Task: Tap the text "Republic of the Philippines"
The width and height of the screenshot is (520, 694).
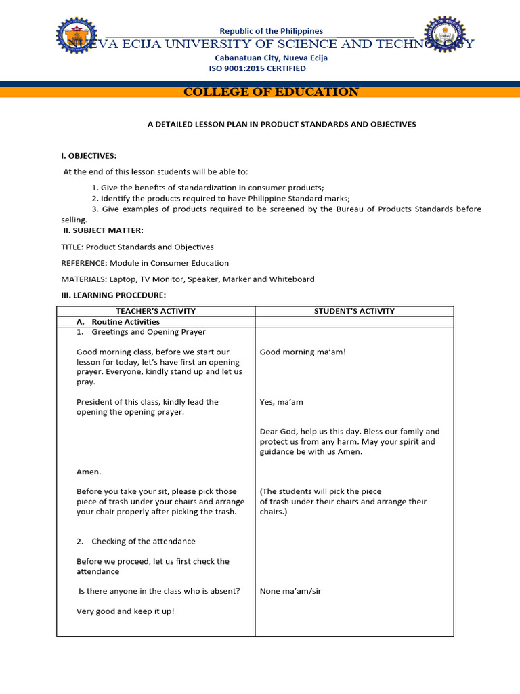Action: click(x=272, y=31)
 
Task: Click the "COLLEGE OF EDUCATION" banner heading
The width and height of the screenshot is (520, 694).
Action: click(x=271, y=92)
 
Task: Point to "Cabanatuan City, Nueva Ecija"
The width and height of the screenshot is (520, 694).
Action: click(x=271, y=58)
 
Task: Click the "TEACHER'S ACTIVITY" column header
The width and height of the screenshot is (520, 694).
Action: click(x=156, y=311)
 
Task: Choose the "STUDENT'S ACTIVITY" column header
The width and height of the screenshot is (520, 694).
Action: click(x=354, y=311)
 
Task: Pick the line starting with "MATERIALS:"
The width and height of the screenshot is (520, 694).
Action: click(x=188, y=279)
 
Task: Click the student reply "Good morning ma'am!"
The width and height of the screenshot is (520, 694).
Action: click(x=303, y=352)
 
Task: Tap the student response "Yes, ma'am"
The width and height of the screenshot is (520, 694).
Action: click(x=282, y=402)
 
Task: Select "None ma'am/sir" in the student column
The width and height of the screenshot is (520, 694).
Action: click(x=290, y=591)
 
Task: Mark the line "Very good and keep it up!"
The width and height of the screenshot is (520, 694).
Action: click(x=125, y=611)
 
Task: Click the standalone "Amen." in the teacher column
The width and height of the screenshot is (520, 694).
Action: click(x=89, y=472)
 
